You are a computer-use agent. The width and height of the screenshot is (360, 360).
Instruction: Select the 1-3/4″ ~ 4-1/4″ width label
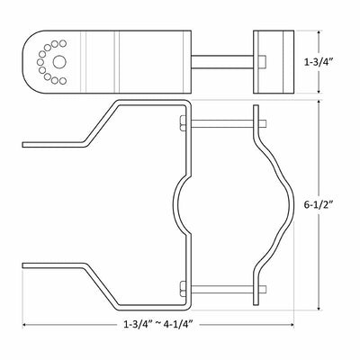click(157, 324)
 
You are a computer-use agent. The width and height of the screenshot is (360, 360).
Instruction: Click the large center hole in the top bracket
click(59, 62)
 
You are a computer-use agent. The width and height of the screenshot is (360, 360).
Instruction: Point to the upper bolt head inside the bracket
click(184, 123)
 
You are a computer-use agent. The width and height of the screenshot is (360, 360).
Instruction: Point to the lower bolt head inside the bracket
click(184, 289)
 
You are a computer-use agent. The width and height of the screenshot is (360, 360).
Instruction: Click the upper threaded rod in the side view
click(229, 123)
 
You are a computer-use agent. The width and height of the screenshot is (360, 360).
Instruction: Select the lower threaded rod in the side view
click(229, 289)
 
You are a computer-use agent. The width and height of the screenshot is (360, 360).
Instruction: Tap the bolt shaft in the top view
click(222, 62)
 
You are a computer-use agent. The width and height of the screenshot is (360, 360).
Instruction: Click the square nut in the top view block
click(262, 62)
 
